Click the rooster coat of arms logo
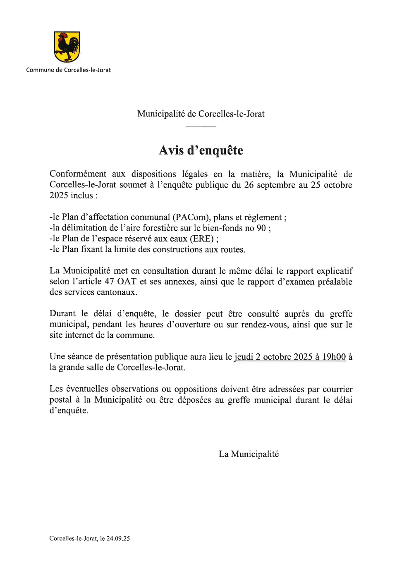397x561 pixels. click(67, 47)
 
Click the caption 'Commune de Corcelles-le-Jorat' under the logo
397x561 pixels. click(68, 70)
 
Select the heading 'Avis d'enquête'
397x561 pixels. click(201, 150)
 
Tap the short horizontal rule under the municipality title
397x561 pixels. click(201, 126)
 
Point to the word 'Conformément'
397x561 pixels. click(78, 174)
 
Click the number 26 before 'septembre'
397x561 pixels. click(249, 185)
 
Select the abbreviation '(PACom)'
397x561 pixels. click(191, 217)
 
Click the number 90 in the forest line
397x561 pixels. click(261, 228)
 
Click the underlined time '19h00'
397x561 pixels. click(334, 357)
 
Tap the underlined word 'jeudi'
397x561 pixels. click(243, 357)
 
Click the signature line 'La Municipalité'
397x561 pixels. click(249, 454)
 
